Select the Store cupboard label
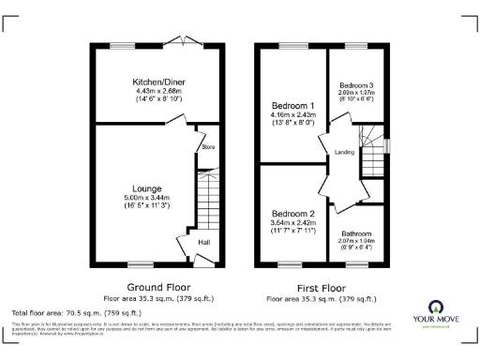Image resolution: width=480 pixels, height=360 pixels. click(x=207, y=147)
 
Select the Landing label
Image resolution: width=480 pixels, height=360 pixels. click(x=343, y=153)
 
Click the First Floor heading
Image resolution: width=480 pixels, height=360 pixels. click(x=322, y=287)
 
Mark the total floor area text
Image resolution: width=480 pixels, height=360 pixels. click(x=76, y=312)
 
